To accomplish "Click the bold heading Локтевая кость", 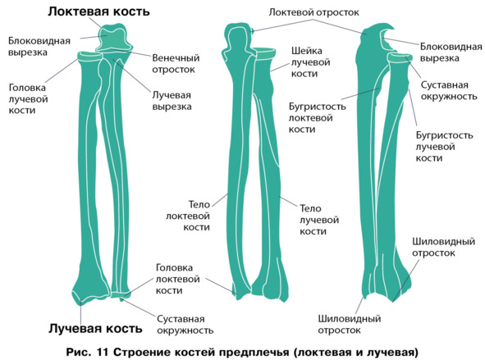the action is (x=98, y=11).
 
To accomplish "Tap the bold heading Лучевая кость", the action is (x=95, y=329).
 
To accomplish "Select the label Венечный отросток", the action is (x=176, y=64).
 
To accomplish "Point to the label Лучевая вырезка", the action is (x=172, y=101).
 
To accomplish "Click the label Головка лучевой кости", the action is (x=28, y=99).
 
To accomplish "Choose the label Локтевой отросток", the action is (x=313, y=12).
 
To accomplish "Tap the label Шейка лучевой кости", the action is (x=310, y=62).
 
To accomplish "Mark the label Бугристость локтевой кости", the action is (x=317, y=118).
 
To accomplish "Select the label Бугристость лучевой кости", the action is (x=444, y=147).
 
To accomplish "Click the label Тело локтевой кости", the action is (x=188, y=216).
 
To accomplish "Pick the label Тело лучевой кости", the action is (x=319, y=220).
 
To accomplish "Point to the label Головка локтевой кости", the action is (x=177, y=279).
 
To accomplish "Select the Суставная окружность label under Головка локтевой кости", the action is (x=185, y=325).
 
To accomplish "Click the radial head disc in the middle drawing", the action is (x=265, y=53).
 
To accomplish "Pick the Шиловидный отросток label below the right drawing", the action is (x=350, y=324).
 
